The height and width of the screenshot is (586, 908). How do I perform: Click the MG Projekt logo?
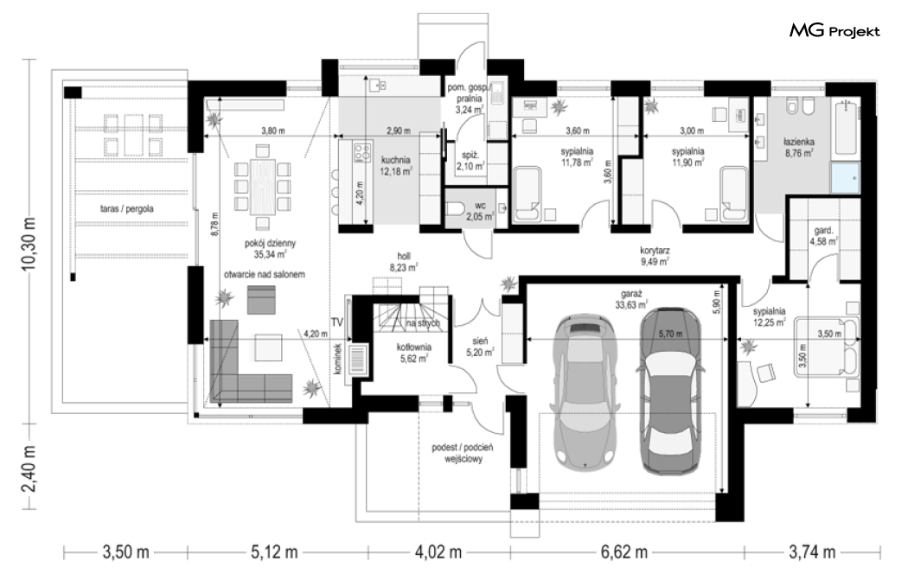point(834,31)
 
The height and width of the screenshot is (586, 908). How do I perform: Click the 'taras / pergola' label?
point(127,208)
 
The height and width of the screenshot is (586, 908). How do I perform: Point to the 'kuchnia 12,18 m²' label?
point(395,165)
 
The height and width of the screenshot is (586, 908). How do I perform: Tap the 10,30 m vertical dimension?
point(29,241)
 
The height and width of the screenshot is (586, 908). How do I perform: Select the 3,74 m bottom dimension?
point(812,552)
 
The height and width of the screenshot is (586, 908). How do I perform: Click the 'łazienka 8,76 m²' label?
point(799,147)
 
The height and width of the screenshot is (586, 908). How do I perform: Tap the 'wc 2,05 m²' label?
point(481,212)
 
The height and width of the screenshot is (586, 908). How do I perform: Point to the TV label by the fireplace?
point(337,322)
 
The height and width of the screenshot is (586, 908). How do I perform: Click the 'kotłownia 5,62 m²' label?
point(413,353)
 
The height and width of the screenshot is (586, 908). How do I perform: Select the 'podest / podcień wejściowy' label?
point(462,454)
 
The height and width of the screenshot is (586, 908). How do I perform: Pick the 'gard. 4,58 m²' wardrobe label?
point(823,236)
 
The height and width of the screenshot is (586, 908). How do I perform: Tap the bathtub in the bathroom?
point(846,129)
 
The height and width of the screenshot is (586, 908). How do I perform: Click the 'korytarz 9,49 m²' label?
point(655,256)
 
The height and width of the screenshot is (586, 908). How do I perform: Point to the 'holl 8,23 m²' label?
point(404,262)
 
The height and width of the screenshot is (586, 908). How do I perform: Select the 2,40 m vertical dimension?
point(29,468)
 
